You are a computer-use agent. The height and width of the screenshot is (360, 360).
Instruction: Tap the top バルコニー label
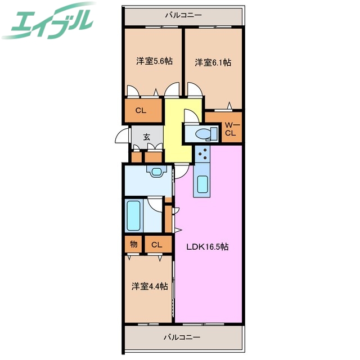(183, 15)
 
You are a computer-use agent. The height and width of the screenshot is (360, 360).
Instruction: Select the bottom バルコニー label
(182, 337)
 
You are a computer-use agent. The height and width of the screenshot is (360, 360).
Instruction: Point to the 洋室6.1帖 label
(213, 62)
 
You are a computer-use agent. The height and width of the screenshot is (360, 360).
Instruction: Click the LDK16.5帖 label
(208, 246)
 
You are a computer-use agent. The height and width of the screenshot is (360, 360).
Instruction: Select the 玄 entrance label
(146, 136)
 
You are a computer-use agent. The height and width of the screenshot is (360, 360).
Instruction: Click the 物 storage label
(133, 244)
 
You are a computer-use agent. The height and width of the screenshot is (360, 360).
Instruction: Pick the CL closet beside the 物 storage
(157, 245)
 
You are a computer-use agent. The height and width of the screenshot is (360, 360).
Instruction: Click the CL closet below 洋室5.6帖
(141, 111)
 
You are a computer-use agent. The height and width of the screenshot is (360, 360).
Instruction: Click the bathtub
(134, 215)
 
